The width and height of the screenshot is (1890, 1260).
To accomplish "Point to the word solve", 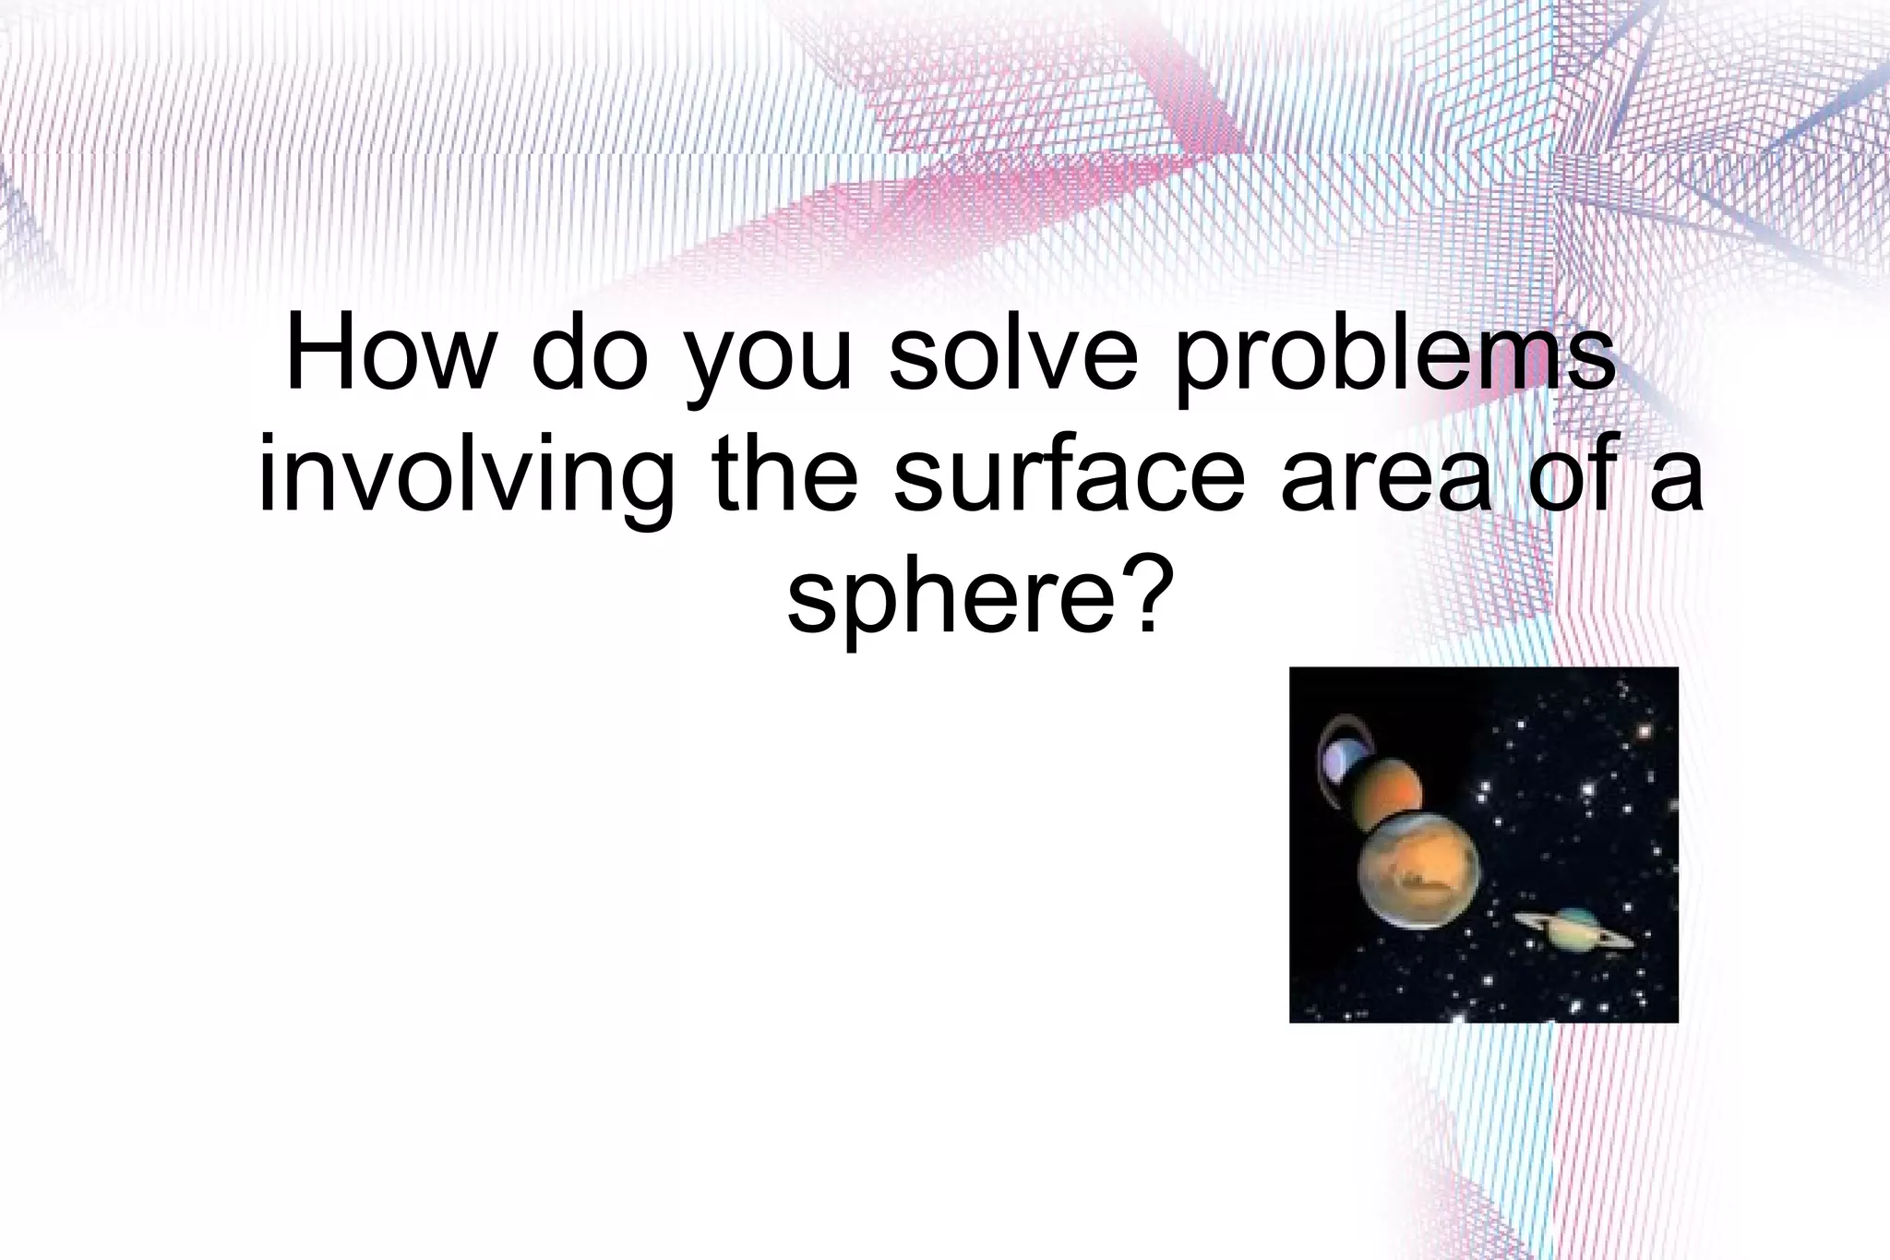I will (x=1014, y=355).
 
